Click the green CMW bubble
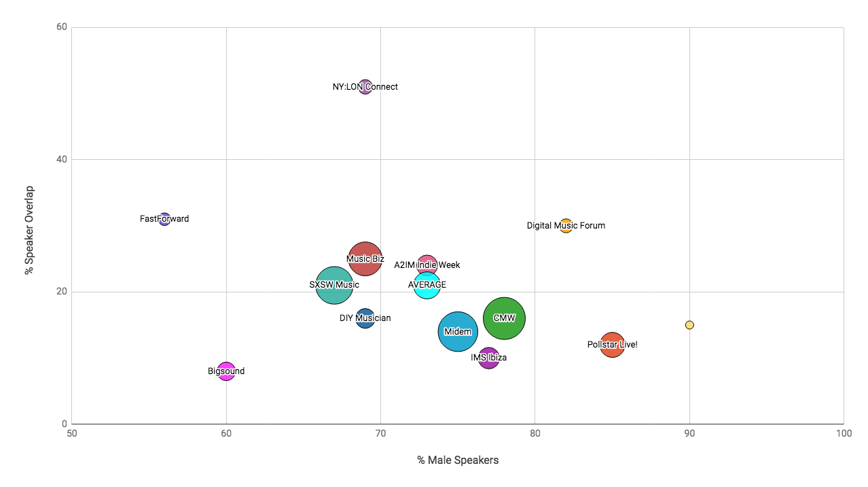point(504,318)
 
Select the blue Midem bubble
point(458,331)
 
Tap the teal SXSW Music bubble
point(334,285)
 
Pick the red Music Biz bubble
point(365,258)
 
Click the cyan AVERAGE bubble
point(427,285)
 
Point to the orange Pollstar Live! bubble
point(613,345)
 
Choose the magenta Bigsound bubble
point(226,371)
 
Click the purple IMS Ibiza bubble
point(488,358)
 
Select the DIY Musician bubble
point(365,318)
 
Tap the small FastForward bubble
point(164,219)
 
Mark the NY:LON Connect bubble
point(365,86)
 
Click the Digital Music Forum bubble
point(566,226)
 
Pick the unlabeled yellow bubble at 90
point(689,325)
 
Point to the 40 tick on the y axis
point(60,160)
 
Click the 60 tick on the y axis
point(60,27)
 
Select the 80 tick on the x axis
point(535,433)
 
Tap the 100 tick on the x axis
point(844,433)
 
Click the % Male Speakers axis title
point(458,460)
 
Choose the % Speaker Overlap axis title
point(29,230)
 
